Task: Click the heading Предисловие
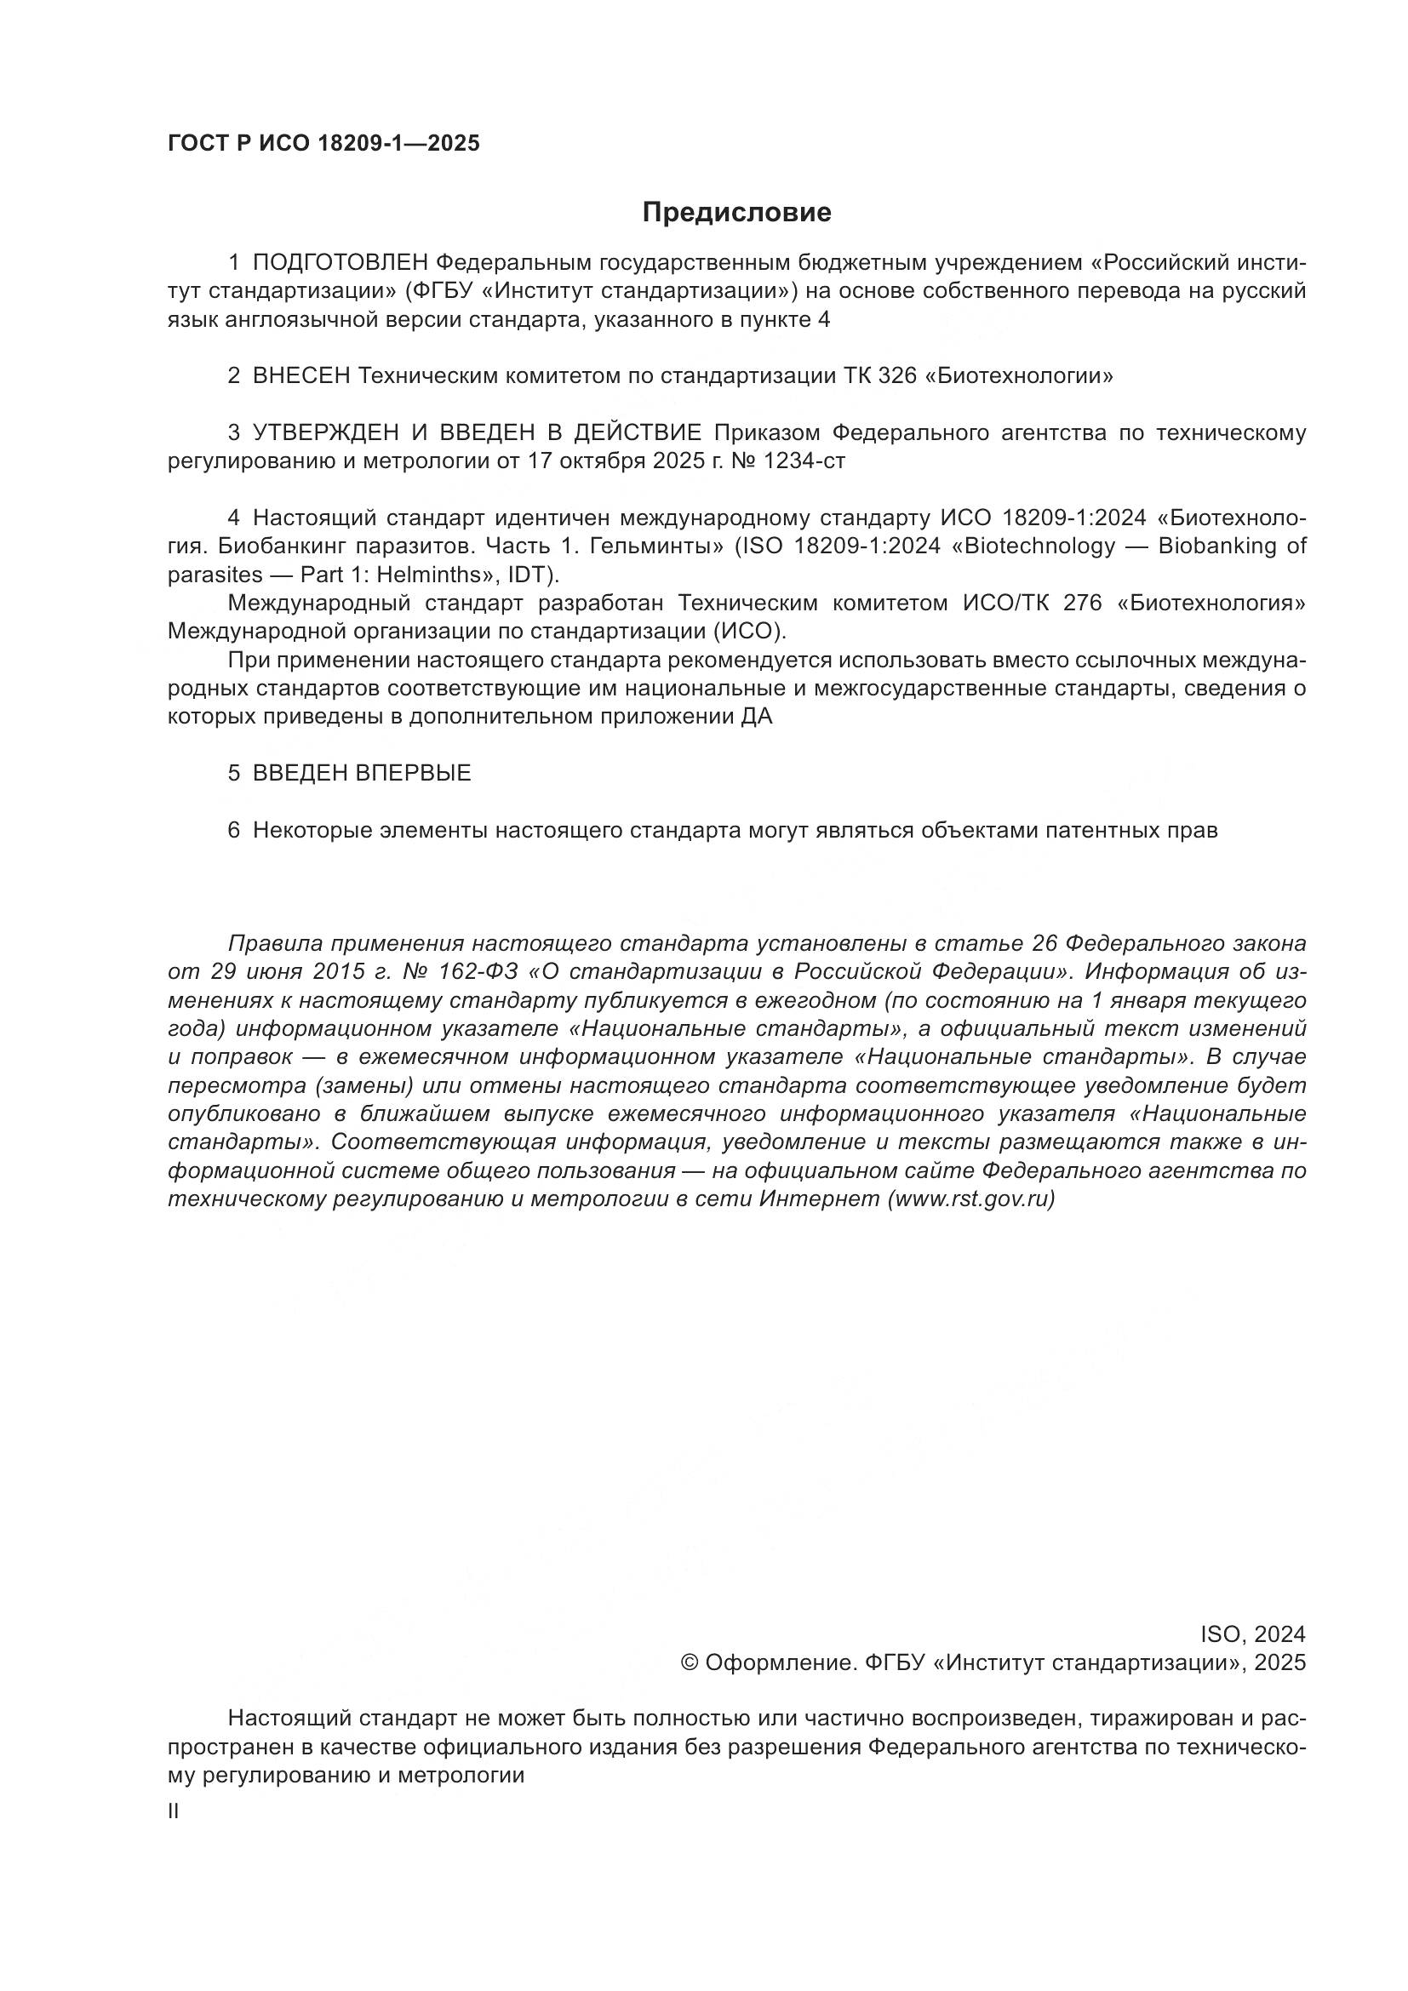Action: coord(736,213)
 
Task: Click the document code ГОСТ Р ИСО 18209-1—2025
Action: coord(323,143)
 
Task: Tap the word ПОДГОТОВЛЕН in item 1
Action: coord(341,262)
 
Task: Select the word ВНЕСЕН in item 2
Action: coord(301,375)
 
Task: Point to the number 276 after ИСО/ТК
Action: coord(1082,603)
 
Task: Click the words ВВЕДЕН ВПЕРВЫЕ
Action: coord(362,773)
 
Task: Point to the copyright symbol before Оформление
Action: coord(690,1663)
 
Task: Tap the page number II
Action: coord(174,1811)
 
